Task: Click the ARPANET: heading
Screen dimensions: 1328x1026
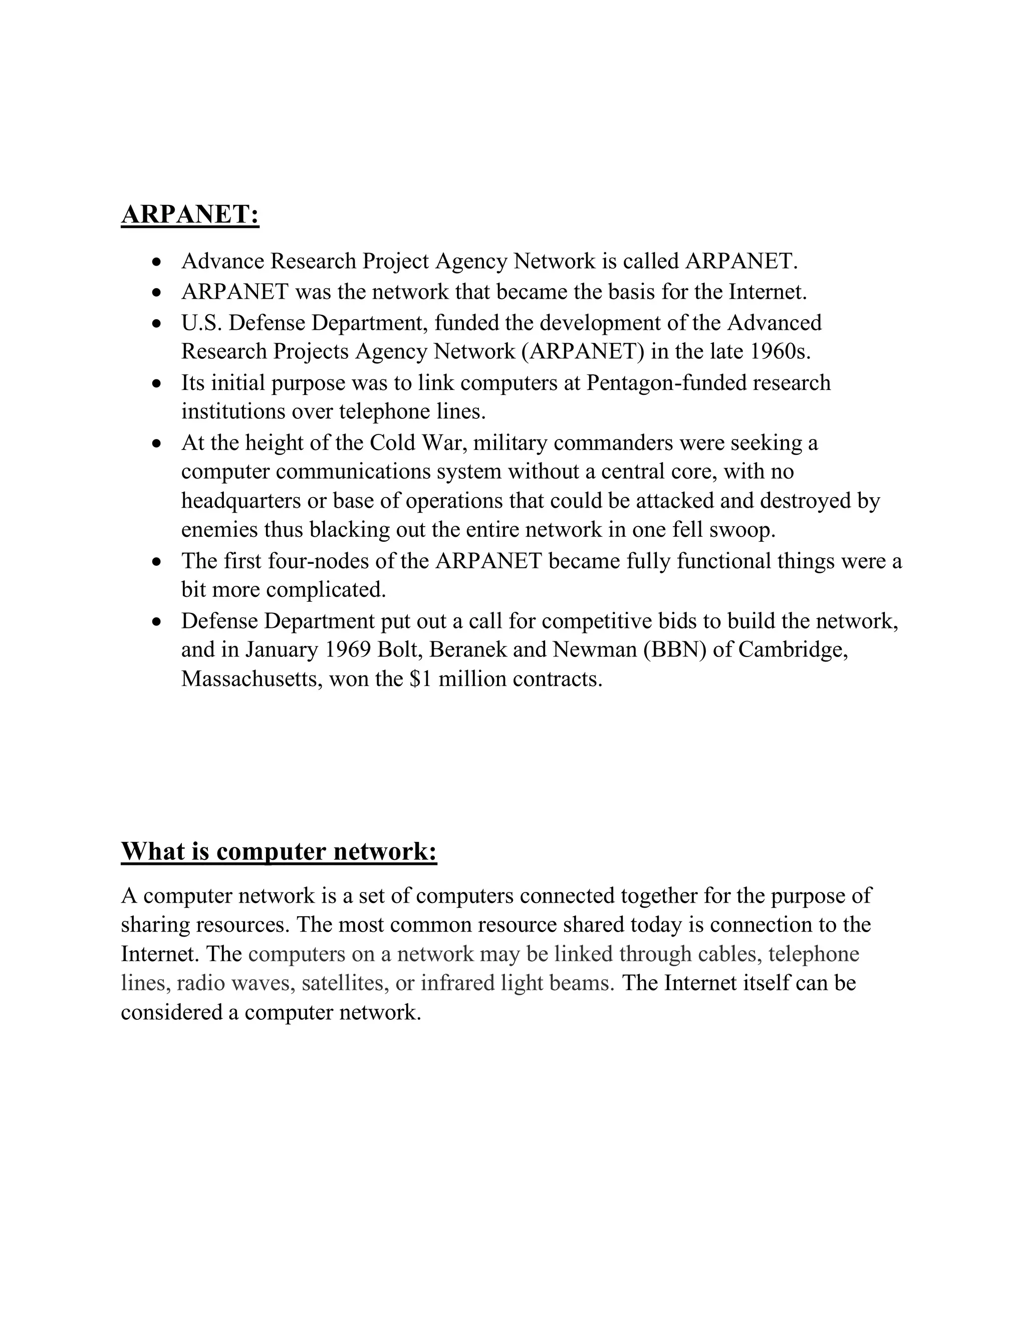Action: click(x=190, y=214)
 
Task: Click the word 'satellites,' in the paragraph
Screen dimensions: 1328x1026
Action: click(x=345, y=983)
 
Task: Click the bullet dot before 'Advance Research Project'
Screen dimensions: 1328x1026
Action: click(x=157, y=263)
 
